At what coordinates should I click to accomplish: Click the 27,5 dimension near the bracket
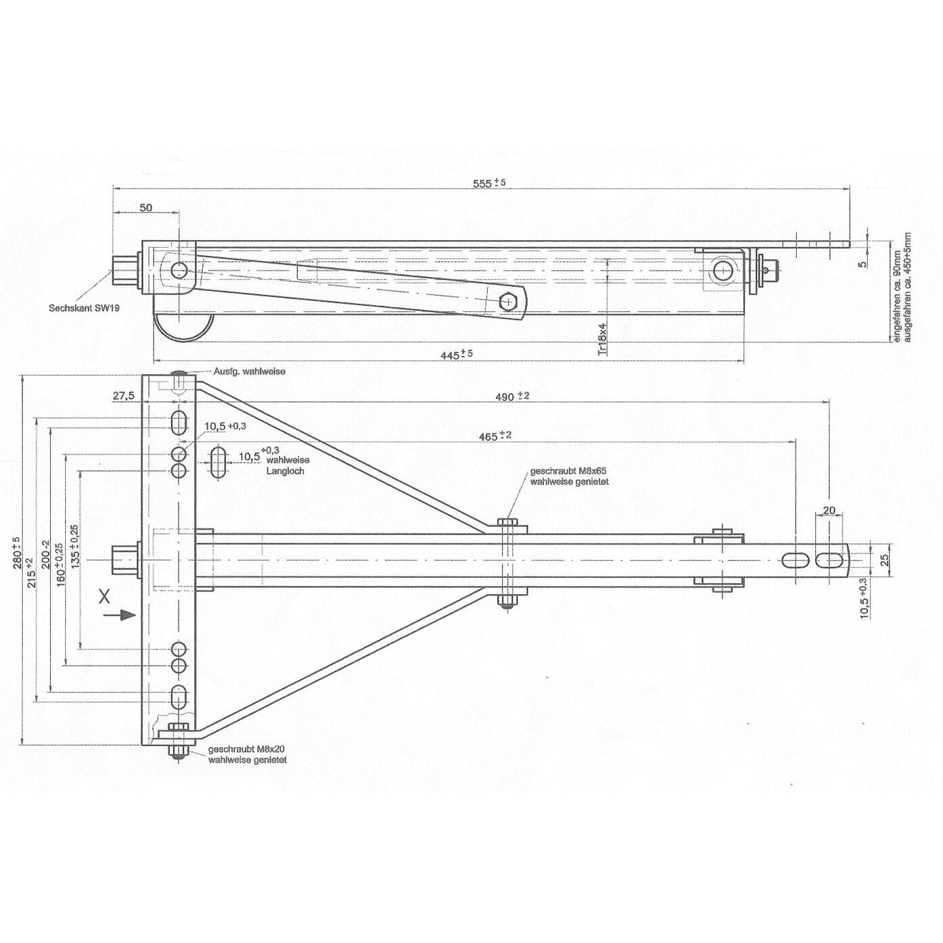coord(122,395)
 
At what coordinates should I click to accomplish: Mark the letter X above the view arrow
coord(103,595)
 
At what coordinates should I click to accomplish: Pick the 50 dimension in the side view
coord(145,207)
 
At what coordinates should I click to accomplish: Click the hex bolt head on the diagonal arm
coord(508,301)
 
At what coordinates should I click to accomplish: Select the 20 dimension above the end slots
coord(829,510)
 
